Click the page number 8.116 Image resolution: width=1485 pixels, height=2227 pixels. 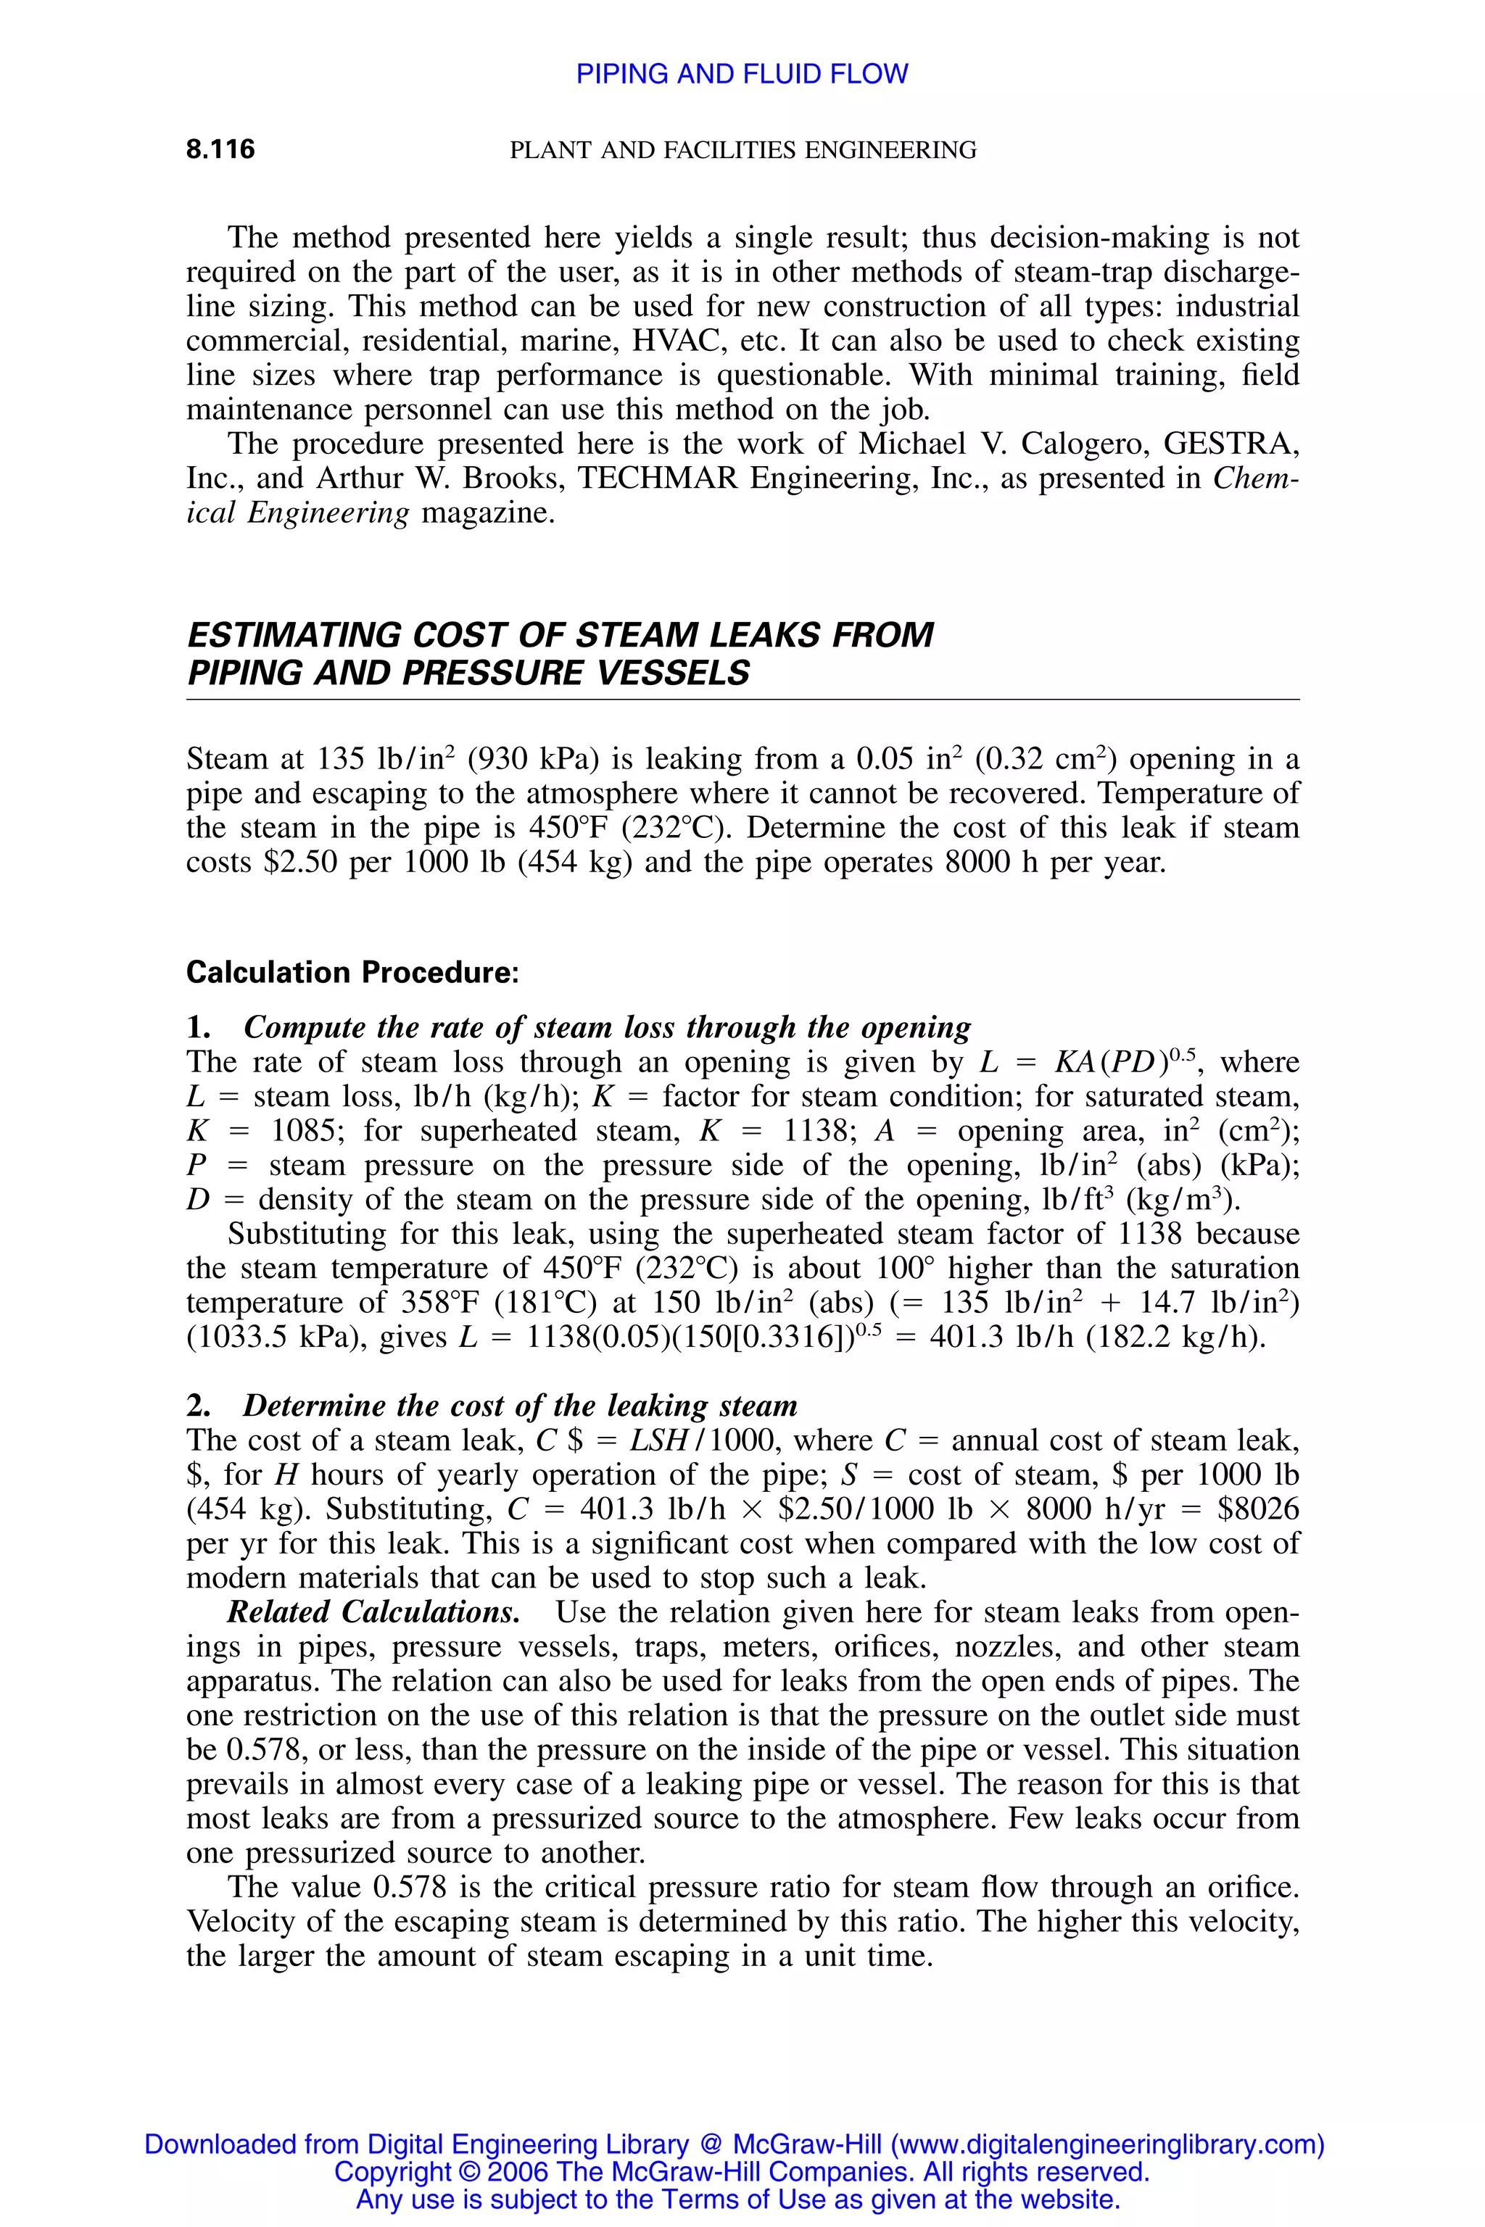click(220, 149)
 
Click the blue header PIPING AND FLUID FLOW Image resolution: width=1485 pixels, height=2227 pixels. click(742, 74)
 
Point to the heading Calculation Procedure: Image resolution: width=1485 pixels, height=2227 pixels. click(352, 972)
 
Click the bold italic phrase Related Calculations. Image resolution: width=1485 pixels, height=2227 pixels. click(373, 1612)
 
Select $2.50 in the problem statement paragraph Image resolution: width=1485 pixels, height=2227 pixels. click(301, 863)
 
